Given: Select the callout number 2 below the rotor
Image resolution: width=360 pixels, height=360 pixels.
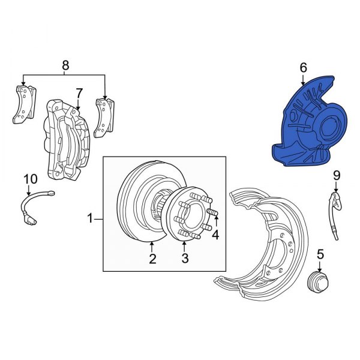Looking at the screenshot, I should pyautogui.click(x=152, y=259).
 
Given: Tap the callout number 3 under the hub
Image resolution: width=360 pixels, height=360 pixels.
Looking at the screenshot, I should pyautogui.click(x=185, y=259).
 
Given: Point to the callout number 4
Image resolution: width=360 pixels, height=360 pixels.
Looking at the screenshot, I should pyautogui.click(x=215, y=235).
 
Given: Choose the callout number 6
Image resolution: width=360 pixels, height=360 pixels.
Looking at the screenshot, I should pyautogui.click(x=303, y=68).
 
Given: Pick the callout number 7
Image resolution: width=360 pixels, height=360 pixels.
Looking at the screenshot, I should pyautogui.click(x=78, y=93).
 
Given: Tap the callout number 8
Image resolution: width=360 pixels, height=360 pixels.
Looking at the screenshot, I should pyautogui.click(x=65, y=64).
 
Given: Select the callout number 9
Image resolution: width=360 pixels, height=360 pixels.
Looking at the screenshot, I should pyautogui.click(x=336, y=175).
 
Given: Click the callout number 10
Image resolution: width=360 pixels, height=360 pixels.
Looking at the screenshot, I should pyautogui.click(x=29, y=179).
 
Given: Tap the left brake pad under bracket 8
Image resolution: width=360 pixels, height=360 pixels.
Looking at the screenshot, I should pyautogui.click(x=22, y=105).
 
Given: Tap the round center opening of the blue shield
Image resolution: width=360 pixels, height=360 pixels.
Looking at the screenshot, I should pyautogui.click(x=329, y=128).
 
